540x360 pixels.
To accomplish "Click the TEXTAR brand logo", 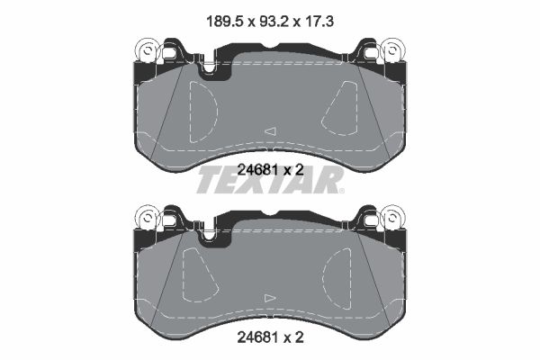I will (x=266, y=184).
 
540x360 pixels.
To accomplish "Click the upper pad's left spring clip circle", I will (x=146, y=51).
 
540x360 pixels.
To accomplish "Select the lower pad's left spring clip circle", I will (x=146, y=218).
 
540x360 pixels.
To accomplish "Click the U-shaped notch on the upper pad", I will (x=210, y=69).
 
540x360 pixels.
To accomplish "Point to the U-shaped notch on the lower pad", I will (x=210, y=236).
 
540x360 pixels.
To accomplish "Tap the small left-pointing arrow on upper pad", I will (x=268, y=131).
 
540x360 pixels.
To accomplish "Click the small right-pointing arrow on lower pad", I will (x=268, y=297).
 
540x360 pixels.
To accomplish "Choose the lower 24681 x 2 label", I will (x=269, y=339).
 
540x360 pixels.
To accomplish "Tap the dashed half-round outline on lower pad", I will (x=200, y=274).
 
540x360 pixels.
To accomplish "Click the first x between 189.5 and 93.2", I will (x=243, y=16).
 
